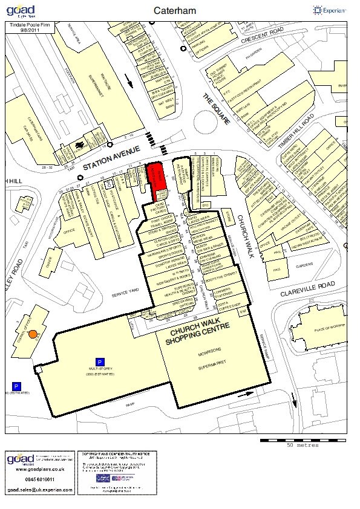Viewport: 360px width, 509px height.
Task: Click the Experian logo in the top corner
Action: pos(330,10)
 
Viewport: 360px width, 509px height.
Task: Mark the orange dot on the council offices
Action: pos(33,333)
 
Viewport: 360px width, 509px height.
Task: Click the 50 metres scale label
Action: pos(303,444)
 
